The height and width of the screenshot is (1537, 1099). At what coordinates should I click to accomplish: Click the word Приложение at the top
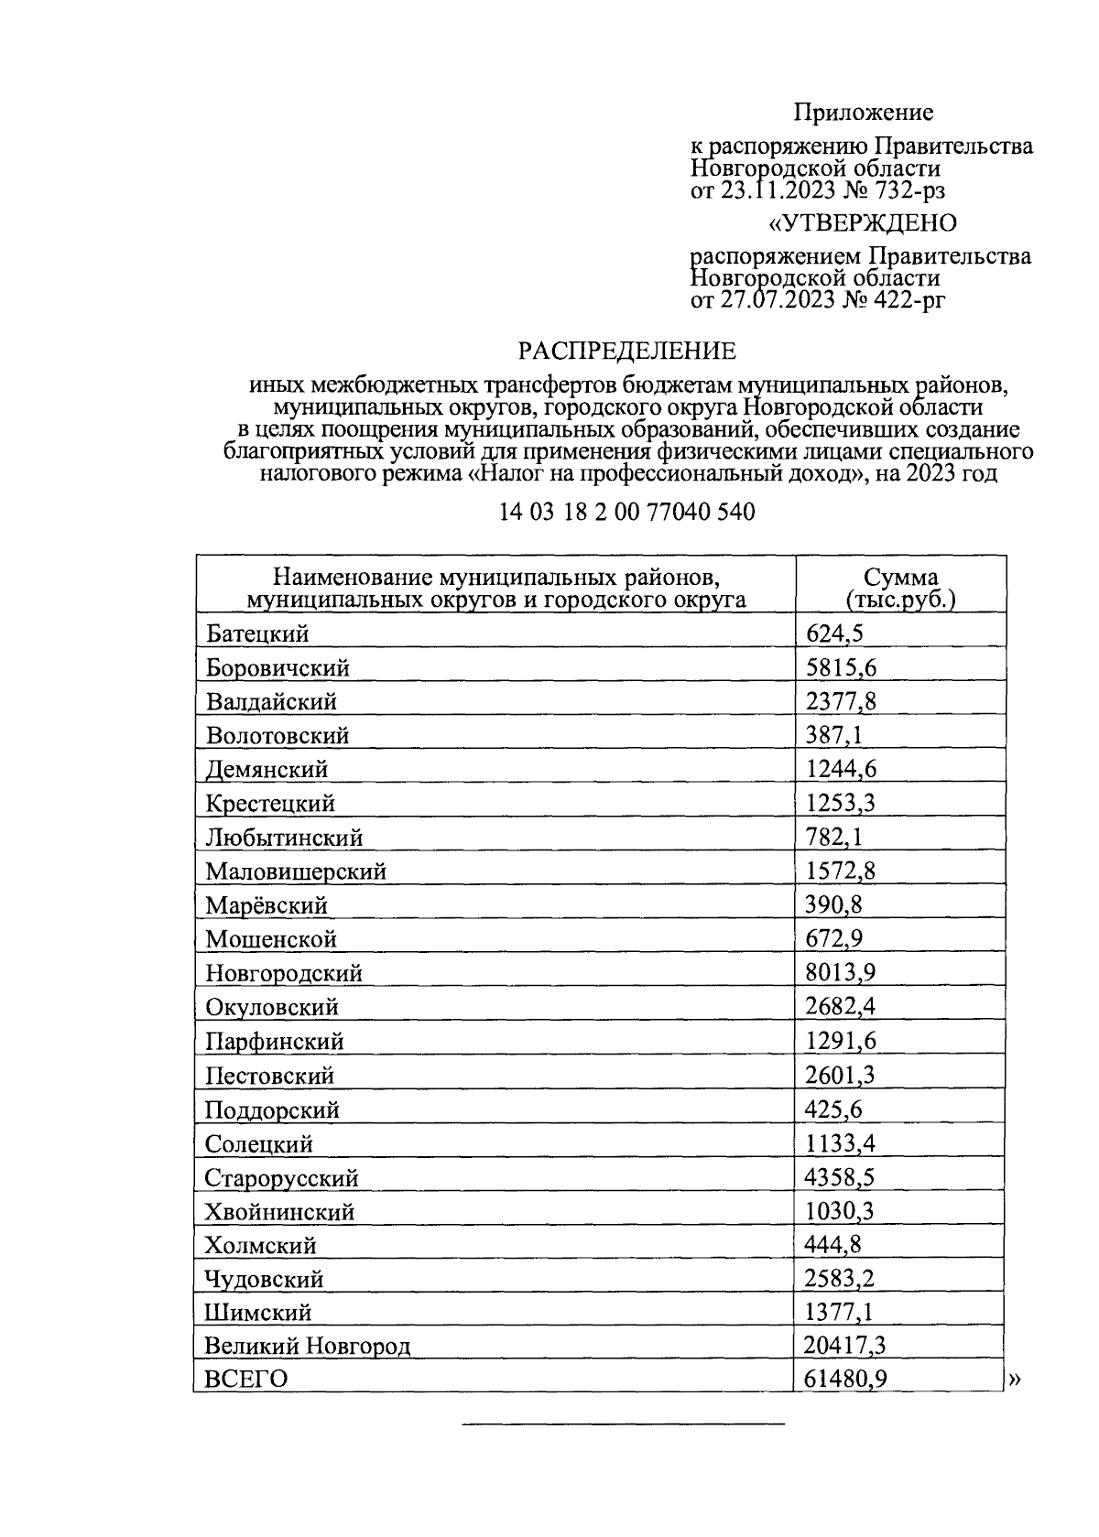[863, 113]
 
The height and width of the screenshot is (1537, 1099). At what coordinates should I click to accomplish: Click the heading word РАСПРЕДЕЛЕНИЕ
[627, 352]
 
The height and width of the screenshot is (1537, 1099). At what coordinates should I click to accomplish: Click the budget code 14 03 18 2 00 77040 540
[627, 513]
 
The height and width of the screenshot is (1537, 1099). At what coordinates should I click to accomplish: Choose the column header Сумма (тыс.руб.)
[900, 589]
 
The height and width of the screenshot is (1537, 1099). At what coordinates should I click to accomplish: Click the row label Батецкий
[258, 633]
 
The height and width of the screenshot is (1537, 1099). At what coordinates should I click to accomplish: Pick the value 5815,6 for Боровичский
[841, 668]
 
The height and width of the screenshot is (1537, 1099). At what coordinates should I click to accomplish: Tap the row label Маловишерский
[296, 871]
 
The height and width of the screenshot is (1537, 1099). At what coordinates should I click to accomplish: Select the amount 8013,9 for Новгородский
[841, 973]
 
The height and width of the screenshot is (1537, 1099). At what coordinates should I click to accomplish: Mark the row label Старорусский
[282, 1178]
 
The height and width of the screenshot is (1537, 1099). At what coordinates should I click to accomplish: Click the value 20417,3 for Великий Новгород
[846, 1345]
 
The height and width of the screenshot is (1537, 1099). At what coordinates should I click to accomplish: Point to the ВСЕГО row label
[246, 1379]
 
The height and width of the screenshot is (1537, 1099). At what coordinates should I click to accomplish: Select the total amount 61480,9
[846, 1379]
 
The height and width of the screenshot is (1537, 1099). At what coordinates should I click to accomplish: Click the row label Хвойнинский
[279, 1212]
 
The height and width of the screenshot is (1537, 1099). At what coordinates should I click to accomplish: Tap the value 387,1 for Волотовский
[834, 735]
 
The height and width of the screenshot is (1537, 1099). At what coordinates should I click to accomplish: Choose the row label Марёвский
[267, 906]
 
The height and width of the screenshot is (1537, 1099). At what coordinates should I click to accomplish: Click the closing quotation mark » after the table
[1014, 1380]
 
